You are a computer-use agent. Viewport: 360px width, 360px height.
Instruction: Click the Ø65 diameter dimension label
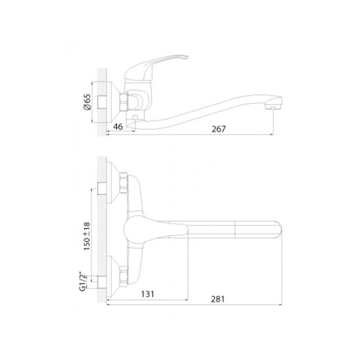[x=88, y=102]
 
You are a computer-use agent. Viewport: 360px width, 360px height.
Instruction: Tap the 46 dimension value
[x=118, y=127]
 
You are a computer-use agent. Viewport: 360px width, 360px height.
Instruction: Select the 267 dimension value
[x=218, y=129]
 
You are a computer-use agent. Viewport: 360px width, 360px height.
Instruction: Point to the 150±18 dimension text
[x=87, y=236]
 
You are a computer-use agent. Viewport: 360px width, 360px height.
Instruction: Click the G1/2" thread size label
[x=83, y=283]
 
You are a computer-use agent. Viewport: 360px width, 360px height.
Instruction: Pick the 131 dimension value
[x=148, y=294]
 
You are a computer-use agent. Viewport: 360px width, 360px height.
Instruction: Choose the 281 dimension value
[x=217, y=299]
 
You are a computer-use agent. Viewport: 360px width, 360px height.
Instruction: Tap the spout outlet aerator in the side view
[x=272, y=107]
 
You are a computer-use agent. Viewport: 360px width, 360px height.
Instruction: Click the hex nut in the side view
[x=124, y=102]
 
